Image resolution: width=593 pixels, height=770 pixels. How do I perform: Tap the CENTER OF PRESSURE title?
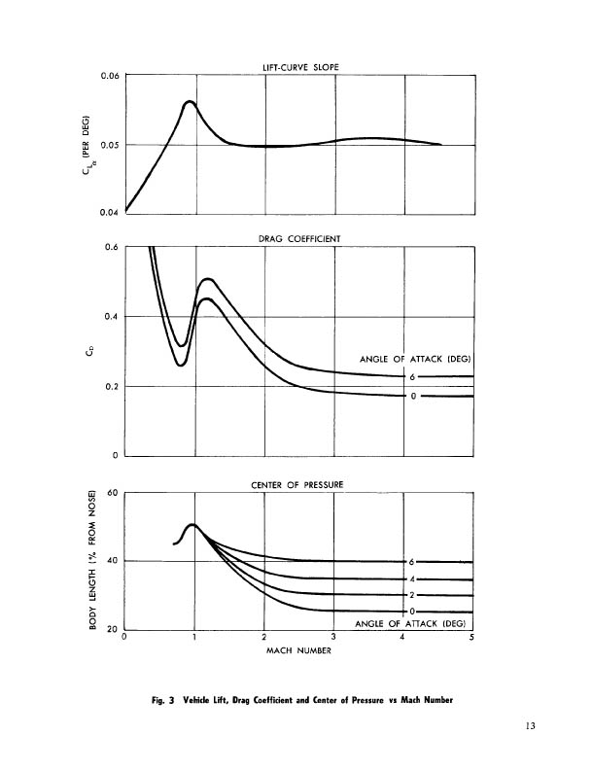tap(299, 484)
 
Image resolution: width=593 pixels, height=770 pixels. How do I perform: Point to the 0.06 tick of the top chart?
tap(109, 75)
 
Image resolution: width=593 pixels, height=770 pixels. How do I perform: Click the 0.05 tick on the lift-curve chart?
tap(109, 145)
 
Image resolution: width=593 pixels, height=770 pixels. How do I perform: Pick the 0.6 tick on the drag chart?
tap(111, 247)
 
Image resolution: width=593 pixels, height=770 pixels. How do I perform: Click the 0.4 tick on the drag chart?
tap(111, 317)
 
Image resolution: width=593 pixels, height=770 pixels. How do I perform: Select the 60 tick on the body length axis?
tap(112, 493)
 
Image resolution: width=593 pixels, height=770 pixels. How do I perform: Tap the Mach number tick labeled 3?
tap(334, 639)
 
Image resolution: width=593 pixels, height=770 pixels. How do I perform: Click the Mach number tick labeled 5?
tap(472, 639)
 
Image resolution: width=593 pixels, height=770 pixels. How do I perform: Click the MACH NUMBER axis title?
tap(299, 651)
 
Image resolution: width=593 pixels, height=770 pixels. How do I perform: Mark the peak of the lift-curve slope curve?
tap(190, 101)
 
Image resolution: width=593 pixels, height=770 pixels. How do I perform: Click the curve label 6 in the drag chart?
tap(412, 376)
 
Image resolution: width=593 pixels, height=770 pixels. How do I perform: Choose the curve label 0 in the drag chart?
tap(412, 396)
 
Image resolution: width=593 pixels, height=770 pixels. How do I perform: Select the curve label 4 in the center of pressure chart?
tap(412, 578)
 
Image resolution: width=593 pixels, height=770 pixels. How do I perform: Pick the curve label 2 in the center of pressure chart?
tap(412, 594)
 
